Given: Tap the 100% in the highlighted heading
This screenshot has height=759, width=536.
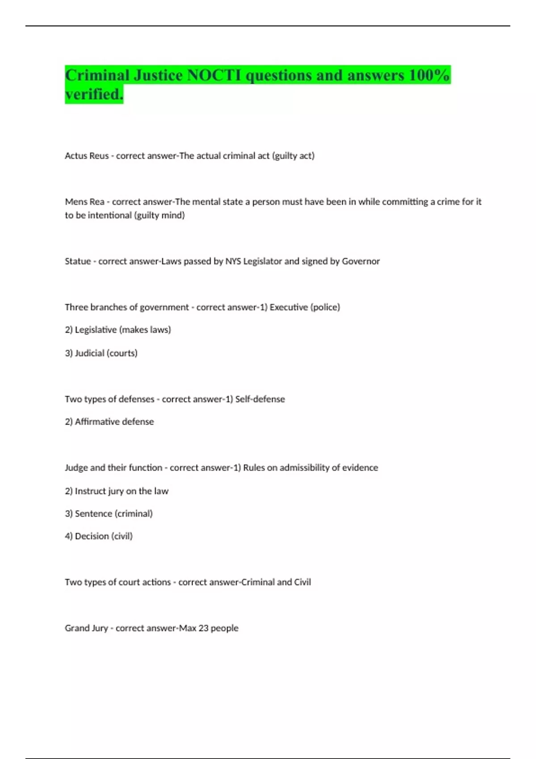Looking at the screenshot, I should pos(429,75).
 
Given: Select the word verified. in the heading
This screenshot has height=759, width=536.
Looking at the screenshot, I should pos(94,94).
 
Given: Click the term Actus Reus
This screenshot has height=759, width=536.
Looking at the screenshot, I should pos(87,156).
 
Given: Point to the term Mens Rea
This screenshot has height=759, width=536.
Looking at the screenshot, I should pos(84,202).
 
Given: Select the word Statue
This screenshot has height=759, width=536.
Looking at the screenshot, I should pos(78,261).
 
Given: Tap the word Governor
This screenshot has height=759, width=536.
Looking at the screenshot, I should pos(360,261).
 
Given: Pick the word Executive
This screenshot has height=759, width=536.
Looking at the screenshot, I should pos(289,307).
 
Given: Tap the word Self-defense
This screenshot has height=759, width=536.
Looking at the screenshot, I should pos(260,399).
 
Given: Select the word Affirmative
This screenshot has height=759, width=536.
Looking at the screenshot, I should pos(94,422).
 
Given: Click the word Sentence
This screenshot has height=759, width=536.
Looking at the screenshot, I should pos(93,514).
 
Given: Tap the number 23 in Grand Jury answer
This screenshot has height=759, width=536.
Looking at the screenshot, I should pos(203,628).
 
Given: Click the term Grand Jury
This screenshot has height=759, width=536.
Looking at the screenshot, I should pos(86,628).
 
